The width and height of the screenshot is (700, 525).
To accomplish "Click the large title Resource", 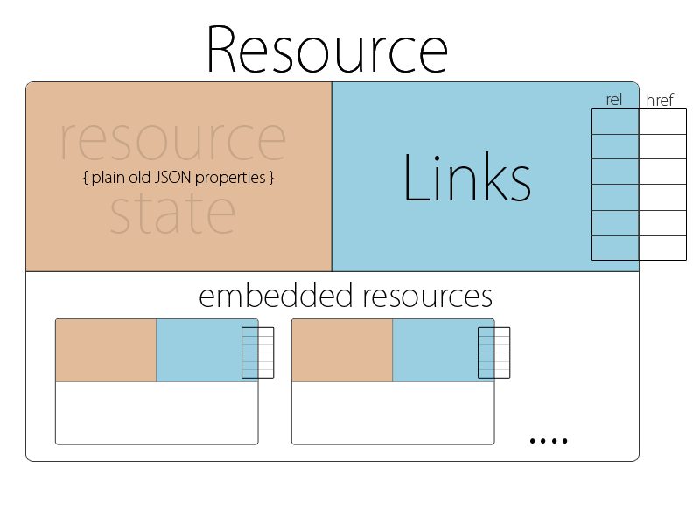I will tap(326, 50).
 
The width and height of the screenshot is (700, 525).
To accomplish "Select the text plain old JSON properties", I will tap(179, 178).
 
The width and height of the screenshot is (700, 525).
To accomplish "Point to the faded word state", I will tap(172, 213).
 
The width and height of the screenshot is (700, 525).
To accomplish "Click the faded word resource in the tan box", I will tap(172, 140).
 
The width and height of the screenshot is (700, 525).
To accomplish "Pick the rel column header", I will tap(613, 100).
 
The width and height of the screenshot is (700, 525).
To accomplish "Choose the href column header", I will tap(660, 101).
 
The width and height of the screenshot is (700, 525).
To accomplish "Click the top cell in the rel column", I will tap(615, 122).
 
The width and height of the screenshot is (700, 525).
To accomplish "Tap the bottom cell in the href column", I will tap(662, 248).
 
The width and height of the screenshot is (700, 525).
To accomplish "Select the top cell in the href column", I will tap(662, 122).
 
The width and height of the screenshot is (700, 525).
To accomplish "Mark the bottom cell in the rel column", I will tap(615, 248).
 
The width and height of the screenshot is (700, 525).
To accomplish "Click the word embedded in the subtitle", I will tap(269, 296).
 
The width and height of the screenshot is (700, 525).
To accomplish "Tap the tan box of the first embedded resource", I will tap(106, 351).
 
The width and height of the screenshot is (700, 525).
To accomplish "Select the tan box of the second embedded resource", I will tap(342, 351).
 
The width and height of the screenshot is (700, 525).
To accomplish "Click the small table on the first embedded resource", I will tap(257, 353).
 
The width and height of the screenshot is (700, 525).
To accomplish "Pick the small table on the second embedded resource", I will tap(493, 353).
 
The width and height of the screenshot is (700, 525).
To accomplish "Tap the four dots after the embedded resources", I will tap(549, 440).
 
